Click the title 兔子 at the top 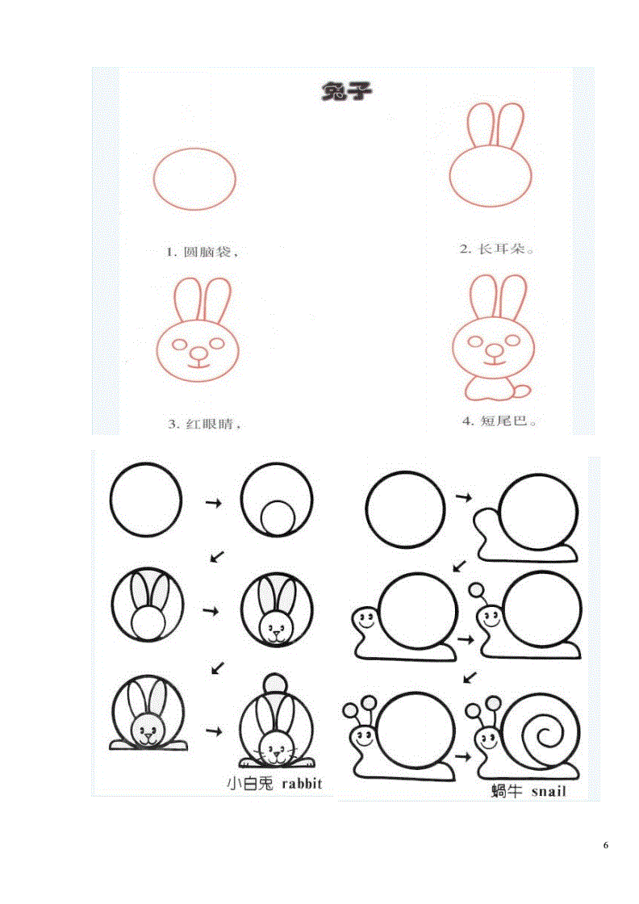[347, 92]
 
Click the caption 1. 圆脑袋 [202, 252]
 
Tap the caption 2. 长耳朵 [497, 249]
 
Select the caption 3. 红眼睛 [204, 425]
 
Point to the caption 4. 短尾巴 [499, 421]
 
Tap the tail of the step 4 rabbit [521, 391]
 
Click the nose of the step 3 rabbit [198, 352]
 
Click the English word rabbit [302, 784]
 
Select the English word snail [549, 792]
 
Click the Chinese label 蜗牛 [507, 791]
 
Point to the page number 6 [606, 845]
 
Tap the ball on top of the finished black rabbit [275, 684]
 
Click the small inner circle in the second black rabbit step [278, 517]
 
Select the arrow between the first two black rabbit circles [214, 504]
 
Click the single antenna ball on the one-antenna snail [477, 590]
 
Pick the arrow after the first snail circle [464, 496]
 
